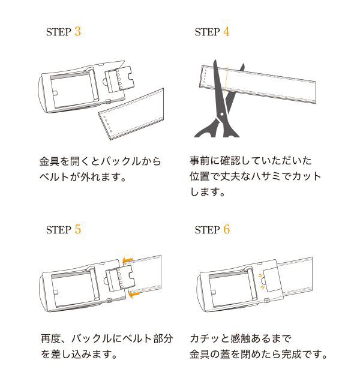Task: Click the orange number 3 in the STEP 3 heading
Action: coord(77,31)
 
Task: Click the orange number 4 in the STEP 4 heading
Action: coord(226,31)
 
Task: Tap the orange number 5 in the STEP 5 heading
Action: coord(77,229)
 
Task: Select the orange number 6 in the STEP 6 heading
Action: coord(226,229)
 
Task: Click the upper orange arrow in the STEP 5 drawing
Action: coord(126,259)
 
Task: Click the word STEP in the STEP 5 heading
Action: coord(59,230)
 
